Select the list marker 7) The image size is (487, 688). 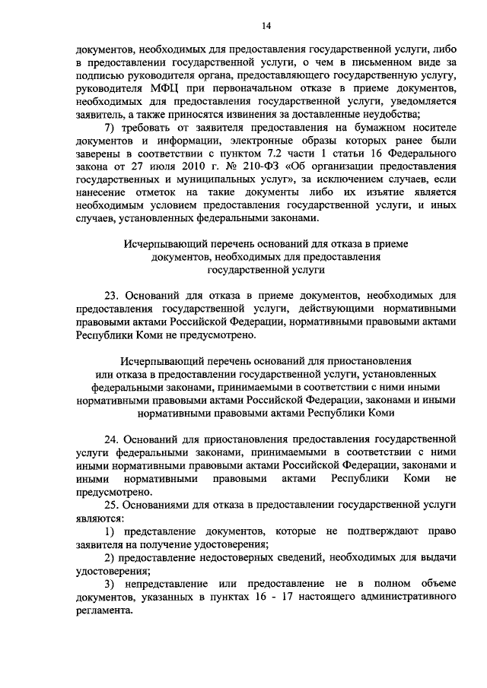pyautogui.click(x=110, y=127)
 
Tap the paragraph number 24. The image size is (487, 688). pyautogui.click(x=112, y=439)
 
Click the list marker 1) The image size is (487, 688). pyautogui.click(x=110, y=530)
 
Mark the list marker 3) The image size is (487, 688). pyautogui.click(x=110, y=582)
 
